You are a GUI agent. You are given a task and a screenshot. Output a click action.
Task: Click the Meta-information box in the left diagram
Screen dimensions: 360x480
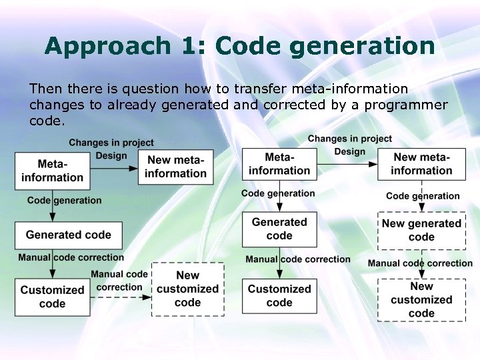52,171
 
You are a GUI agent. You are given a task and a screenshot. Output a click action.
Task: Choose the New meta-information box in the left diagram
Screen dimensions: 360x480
176,167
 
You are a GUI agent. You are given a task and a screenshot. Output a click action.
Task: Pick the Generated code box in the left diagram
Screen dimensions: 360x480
68,235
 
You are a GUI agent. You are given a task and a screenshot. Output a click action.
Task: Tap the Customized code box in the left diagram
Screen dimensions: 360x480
52,297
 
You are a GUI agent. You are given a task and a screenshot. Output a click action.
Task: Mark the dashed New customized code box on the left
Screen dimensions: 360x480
187,289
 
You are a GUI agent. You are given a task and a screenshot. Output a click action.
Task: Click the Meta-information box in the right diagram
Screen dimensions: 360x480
279,164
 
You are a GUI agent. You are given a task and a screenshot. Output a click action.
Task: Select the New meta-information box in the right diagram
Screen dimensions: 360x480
421,164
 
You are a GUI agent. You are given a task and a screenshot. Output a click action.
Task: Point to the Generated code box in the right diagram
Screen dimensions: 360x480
279,229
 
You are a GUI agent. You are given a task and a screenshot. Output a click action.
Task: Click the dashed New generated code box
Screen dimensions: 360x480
421,230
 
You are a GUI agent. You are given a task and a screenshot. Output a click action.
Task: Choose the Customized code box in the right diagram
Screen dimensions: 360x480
279,295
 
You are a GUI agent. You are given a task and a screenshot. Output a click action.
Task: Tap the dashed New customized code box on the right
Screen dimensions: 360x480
421,299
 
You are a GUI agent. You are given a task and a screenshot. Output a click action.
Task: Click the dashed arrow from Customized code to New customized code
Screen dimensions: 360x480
121,297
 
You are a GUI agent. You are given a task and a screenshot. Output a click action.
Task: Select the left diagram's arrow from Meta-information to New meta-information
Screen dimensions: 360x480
113,169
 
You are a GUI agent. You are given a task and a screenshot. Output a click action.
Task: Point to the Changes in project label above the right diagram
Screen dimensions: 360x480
349,139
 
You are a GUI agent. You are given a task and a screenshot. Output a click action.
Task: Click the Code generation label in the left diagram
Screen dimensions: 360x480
64,200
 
